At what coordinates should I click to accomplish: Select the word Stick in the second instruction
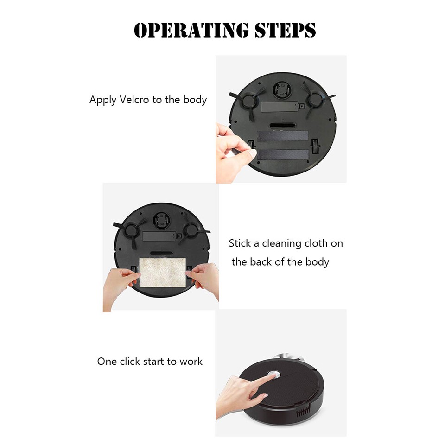point(240,243)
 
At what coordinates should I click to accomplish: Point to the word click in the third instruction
point(131,362)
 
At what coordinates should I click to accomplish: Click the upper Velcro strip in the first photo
point(283,136)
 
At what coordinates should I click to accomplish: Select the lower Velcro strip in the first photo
point(283,155)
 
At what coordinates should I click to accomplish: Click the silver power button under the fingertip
point(274,373)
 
